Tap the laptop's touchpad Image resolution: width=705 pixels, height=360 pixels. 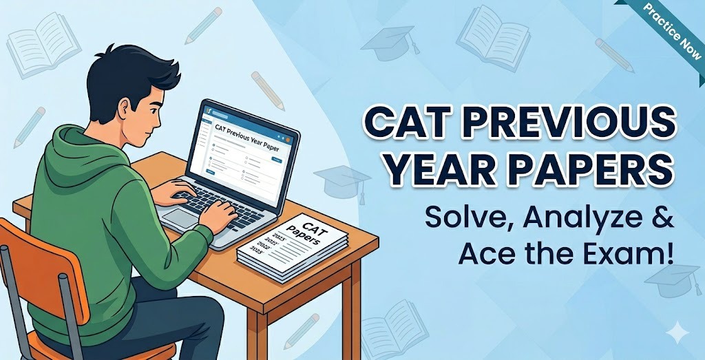(x=180, y=218)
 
